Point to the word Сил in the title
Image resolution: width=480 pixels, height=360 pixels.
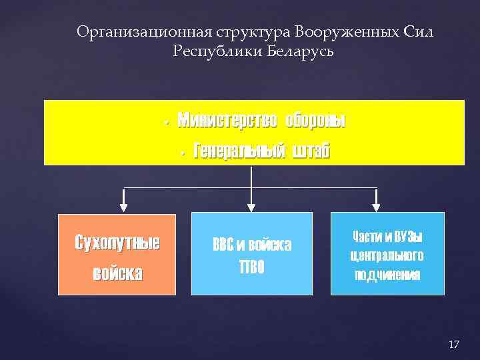coord(419,33)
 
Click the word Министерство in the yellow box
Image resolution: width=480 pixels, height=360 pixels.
coord(227,121)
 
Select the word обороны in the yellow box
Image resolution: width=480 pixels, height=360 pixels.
coord(315,121)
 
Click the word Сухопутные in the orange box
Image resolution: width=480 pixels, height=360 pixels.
coord(117,242)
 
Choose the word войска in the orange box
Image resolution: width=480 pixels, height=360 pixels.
coord(117,273)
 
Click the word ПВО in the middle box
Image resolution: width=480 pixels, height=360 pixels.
coord(251,267)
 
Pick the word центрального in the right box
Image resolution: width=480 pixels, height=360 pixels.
coord(387,256)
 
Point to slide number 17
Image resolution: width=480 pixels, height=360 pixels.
coord(454,344)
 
